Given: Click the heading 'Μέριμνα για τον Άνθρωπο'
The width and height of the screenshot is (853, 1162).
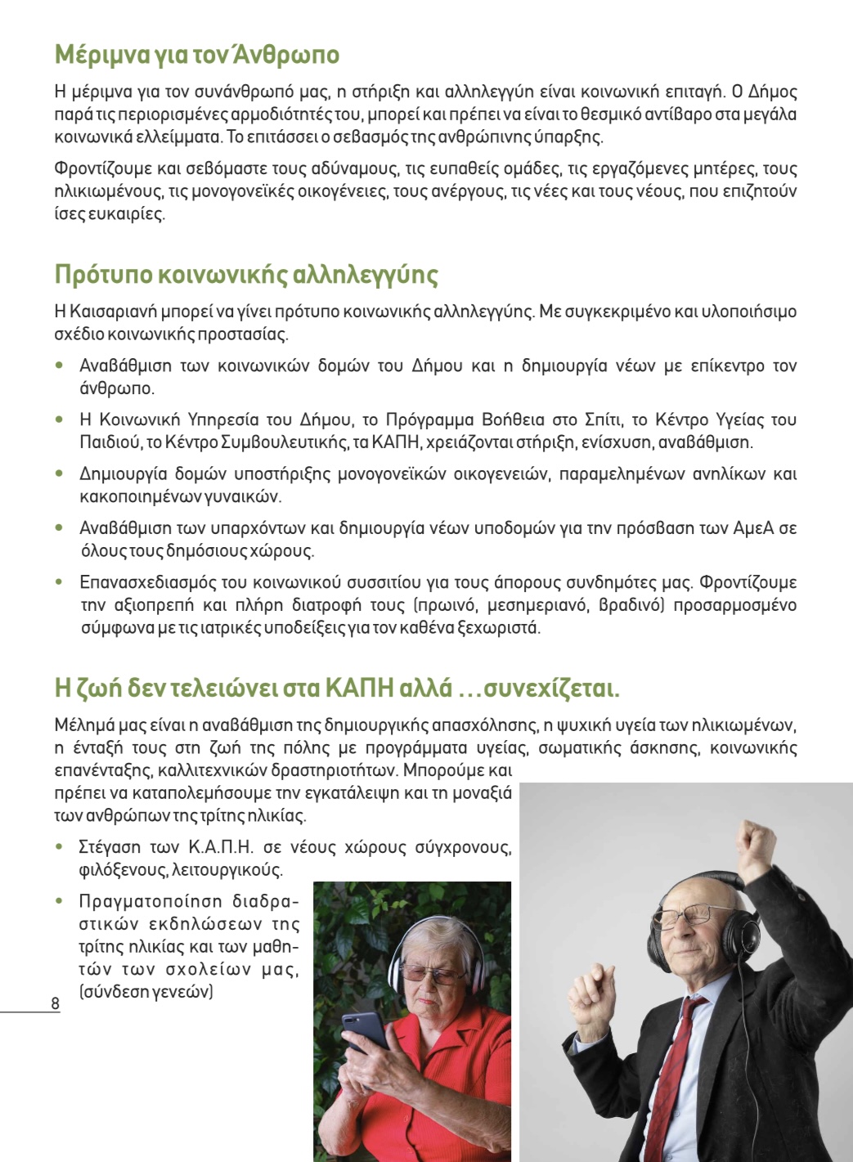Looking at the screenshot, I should click(196, 55).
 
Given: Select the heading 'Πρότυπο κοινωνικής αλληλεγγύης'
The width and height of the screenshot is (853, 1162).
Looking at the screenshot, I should click(246, 274).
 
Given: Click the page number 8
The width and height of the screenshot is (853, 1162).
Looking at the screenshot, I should click(55, 1003).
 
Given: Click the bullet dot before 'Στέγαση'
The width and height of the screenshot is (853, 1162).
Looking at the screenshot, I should click(59, 847).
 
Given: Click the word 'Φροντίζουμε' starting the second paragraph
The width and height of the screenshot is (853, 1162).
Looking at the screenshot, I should click(103, 169).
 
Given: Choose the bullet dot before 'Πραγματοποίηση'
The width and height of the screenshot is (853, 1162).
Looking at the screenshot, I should click(59, 901).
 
